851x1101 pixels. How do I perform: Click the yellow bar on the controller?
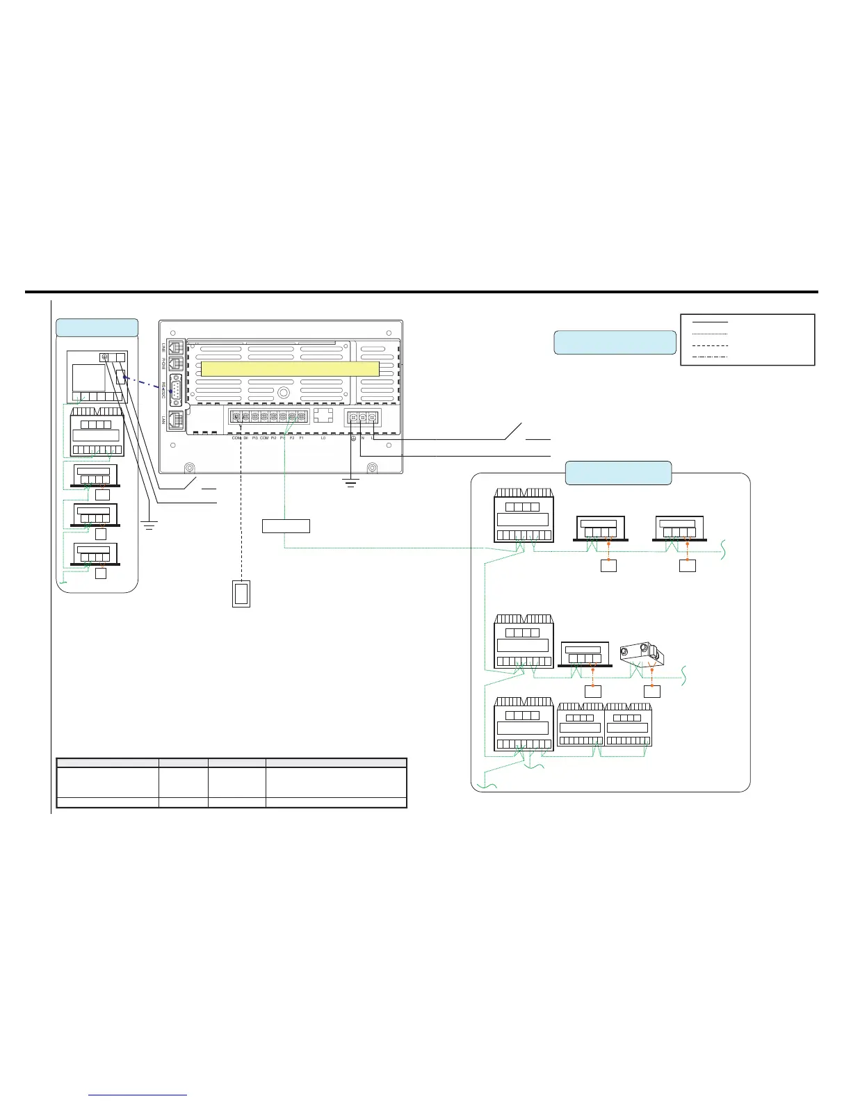(x=290, y=368)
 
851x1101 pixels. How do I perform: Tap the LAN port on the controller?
(x=175, y=420)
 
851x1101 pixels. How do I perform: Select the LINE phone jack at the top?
(x=175, y=348)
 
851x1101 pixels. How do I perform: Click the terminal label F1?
(x=302, y=438)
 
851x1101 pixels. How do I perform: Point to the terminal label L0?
(x=323, y=438)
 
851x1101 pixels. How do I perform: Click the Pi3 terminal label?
(x=254, y=438)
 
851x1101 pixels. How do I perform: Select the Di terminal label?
(x=245, y=438)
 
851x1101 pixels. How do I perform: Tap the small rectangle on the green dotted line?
(x=286, y=525)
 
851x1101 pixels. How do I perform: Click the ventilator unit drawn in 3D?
(x=642, y=653)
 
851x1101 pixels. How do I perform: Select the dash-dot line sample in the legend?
(x=711, y=356)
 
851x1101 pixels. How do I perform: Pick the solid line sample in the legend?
(x=711, y=323)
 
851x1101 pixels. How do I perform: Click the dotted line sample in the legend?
(x=711, y=334)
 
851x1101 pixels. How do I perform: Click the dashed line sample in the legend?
(x=711, y=345)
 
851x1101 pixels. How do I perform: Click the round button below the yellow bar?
(x=284, y=393)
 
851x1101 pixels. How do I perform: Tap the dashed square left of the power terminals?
(x=324, y=415)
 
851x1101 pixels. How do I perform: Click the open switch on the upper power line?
(x=515, y=431)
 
